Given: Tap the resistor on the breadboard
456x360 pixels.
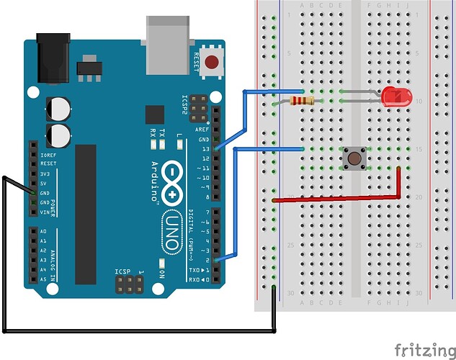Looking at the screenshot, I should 301,102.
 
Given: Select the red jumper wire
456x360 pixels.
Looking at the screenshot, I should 339,197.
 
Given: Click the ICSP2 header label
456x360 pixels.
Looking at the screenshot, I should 185,107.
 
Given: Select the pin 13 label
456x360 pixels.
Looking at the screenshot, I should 205,148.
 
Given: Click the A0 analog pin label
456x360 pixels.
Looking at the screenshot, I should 43,231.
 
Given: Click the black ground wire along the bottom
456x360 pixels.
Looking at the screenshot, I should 137,331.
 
